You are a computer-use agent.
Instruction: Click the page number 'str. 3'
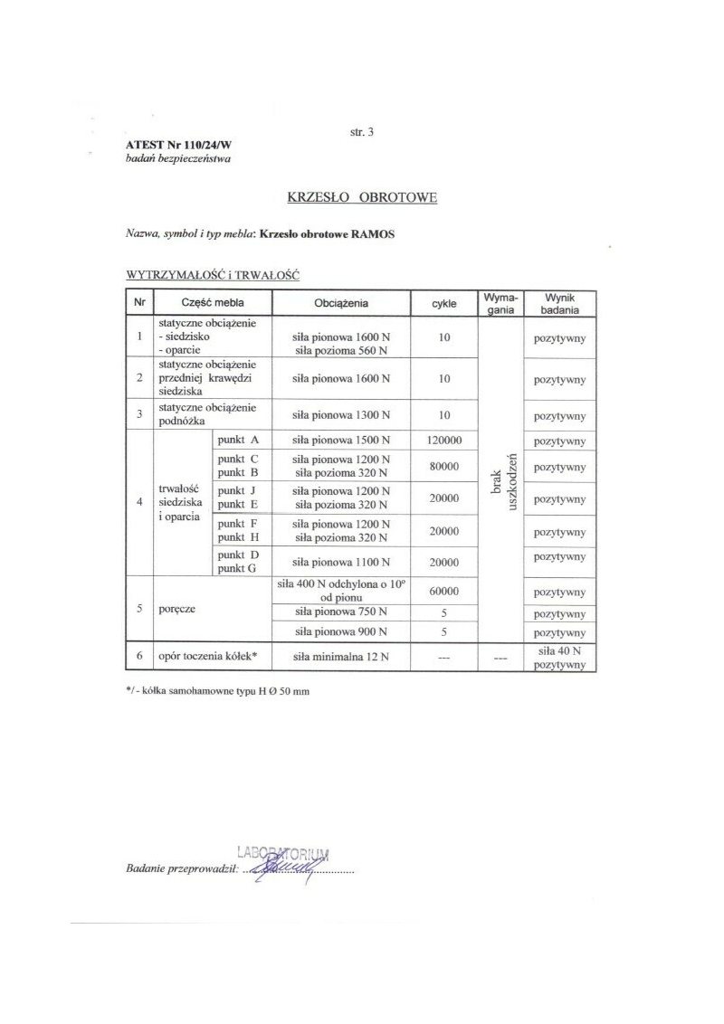pyautogui.click(x=362, y=132)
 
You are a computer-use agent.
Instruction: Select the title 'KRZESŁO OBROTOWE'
pyautogui.click(x=362, y=196)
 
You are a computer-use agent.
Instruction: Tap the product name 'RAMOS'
pyautogui.click(x=374, y=233)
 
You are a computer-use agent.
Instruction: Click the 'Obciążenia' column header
pyautogui.click(x=341, y=303)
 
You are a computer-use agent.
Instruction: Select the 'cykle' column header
pyautogui.click(x=444, y=303)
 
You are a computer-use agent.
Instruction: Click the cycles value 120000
pyautogui.click(x=444, y=441)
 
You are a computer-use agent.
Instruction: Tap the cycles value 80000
pyautogui.click(x=444, y=467)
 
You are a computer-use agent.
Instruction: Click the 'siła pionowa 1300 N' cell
pyautogui.click(x=341, y=415)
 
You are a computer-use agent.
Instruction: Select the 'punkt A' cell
pyautogui.click(x=238, y=441)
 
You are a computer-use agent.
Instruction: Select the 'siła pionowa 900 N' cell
pyautogui.click(x=341, y=631)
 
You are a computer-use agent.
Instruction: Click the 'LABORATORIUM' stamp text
pyautogui.click(x=283, y=853)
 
